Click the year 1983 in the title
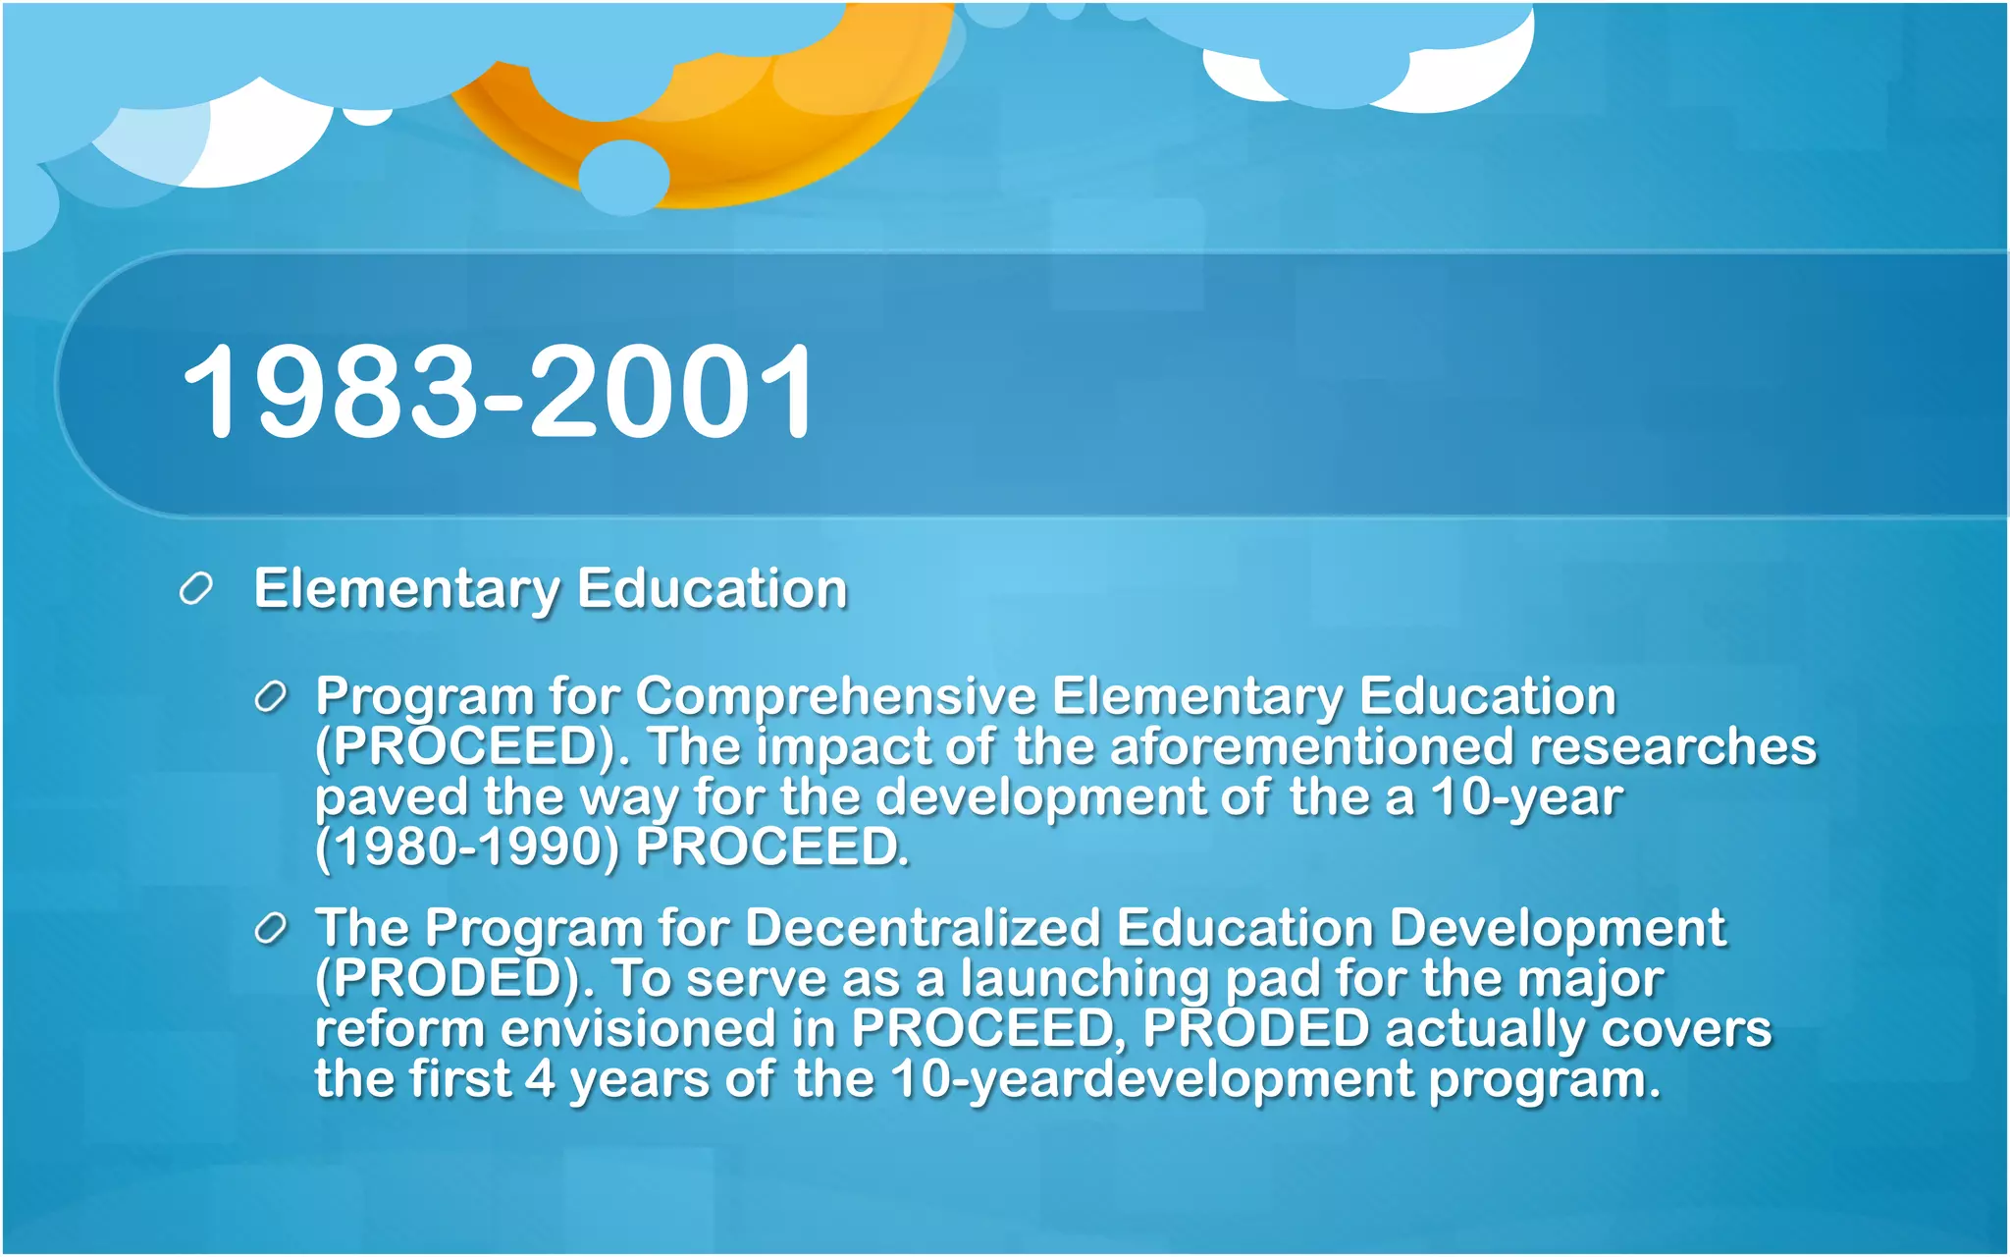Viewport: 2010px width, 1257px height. [329, 393]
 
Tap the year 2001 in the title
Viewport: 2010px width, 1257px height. [672, 393]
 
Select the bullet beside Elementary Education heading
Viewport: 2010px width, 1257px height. [196, 589]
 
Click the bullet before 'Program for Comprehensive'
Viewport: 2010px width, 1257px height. [270, 697]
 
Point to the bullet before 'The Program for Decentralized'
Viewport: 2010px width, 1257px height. [270, 928]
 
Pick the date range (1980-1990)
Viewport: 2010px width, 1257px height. [467, 847]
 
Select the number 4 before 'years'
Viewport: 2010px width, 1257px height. [540, 1079]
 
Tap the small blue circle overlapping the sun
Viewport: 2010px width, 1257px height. [623, 177]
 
